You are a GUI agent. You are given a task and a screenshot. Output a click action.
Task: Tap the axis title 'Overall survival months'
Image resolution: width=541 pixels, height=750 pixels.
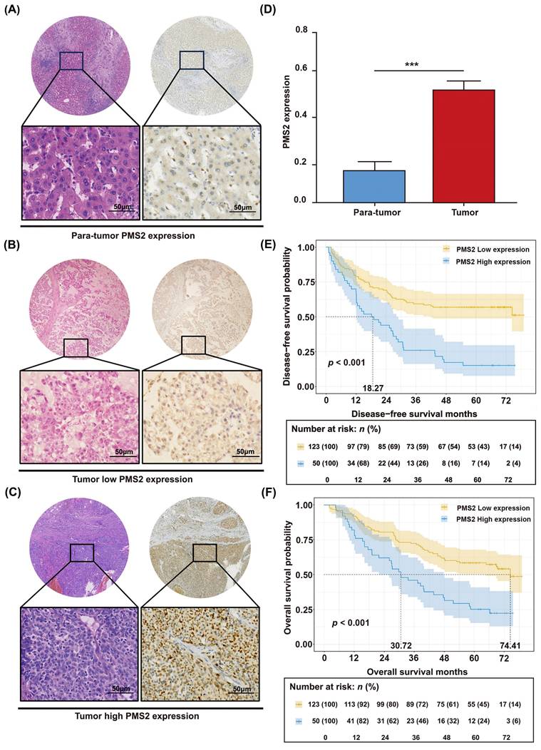pyautogui.click(x=418, y=672)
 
